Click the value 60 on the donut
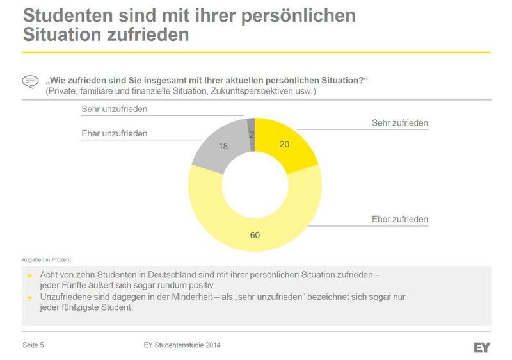[255, 235]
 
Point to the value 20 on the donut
[285, 145]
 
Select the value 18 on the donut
[223, 146]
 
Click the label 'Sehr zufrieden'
[399, 123]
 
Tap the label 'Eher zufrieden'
[399, 220]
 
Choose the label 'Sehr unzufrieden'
[114, 109]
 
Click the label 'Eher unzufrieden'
[114, 133]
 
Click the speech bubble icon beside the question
[30, 81]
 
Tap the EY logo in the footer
[482, 347]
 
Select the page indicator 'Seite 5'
[33, 345]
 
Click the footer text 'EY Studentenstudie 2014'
[182, 345]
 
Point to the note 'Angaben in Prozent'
[47, 259]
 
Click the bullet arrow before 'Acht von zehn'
[30, 274]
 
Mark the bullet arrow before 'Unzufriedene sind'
[30, 297]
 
